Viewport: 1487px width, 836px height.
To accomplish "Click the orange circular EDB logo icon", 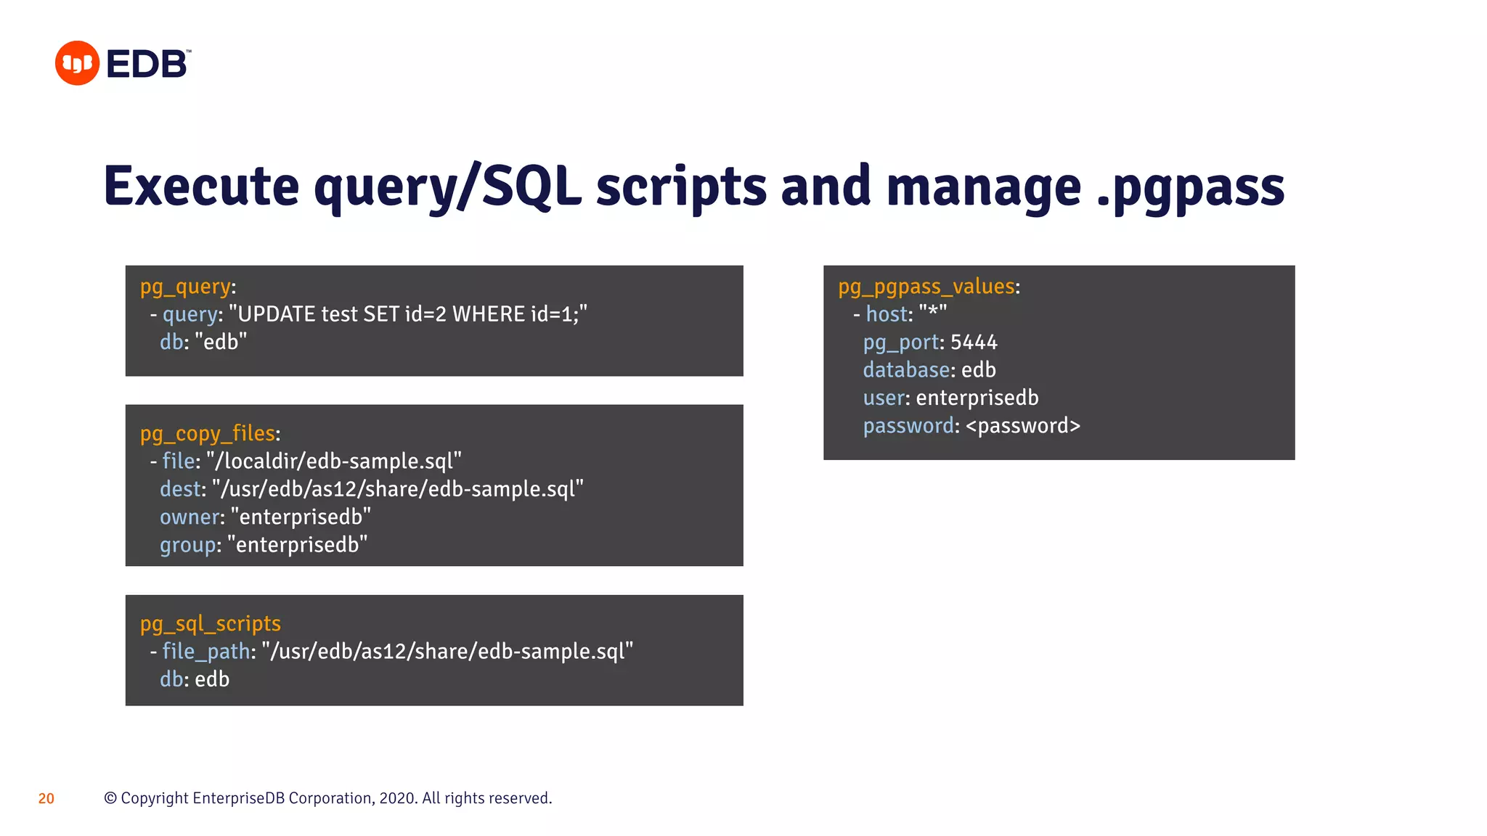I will (77, 63).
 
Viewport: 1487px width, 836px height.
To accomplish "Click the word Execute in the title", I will (201, 187).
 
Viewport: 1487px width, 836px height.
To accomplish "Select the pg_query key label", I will (185, 287).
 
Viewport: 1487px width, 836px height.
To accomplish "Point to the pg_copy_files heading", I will (208, 434).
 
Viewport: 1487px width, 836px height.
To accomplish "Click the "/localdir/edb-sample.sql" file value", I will (334, 462).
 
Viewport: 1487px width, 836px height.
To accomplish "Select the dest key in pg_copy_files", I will (179, 489).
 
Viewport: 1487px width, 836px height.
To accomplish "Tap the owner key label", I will (189, 517).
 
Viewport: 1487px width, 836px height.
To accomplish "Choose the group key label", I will (187, 545).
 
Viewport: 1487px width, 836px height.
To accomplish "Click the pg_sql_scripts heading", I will (211, 624).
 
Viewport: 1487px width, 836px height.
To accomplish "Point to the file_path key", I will (205, 652).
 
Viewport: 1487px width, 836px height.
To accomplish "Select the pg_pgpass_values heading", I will (926, 287).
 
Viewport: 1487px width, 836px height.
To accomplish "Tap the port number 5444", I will (974, 343).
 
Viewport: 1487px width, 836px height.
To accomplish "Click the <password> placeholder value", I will (1023, 426).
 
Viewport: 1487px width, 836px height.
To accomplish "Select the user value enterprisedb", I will (977, 398).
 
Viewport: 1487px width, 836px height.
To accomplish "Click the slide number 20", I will (46, 799).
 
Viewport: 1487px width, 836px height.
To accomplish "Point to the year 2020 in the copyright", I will (396, 798).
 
